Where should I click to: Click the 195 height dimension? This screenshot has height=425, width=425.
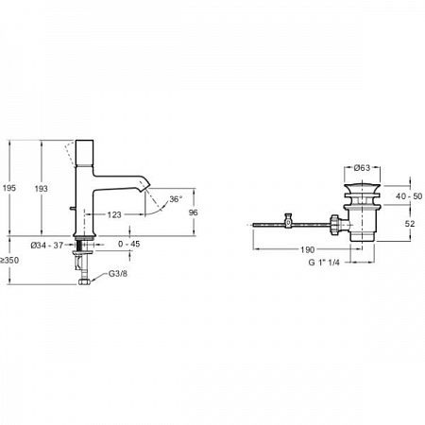click(x=10, y=189)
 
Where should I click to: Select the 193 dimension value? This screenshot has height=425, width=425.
click(x=41, y=189)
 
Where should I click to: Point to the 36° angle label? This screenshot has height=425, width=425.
click(x=175, y=200)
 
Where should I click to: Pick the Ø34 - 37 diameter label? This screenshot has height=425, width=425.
click(x=47, y=246)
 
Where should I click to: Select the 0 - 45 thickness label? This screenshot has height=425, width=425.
click(x=129, y=246)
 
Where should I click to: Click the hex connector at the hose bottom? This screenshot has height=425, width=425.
click(x=86, y=280)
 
